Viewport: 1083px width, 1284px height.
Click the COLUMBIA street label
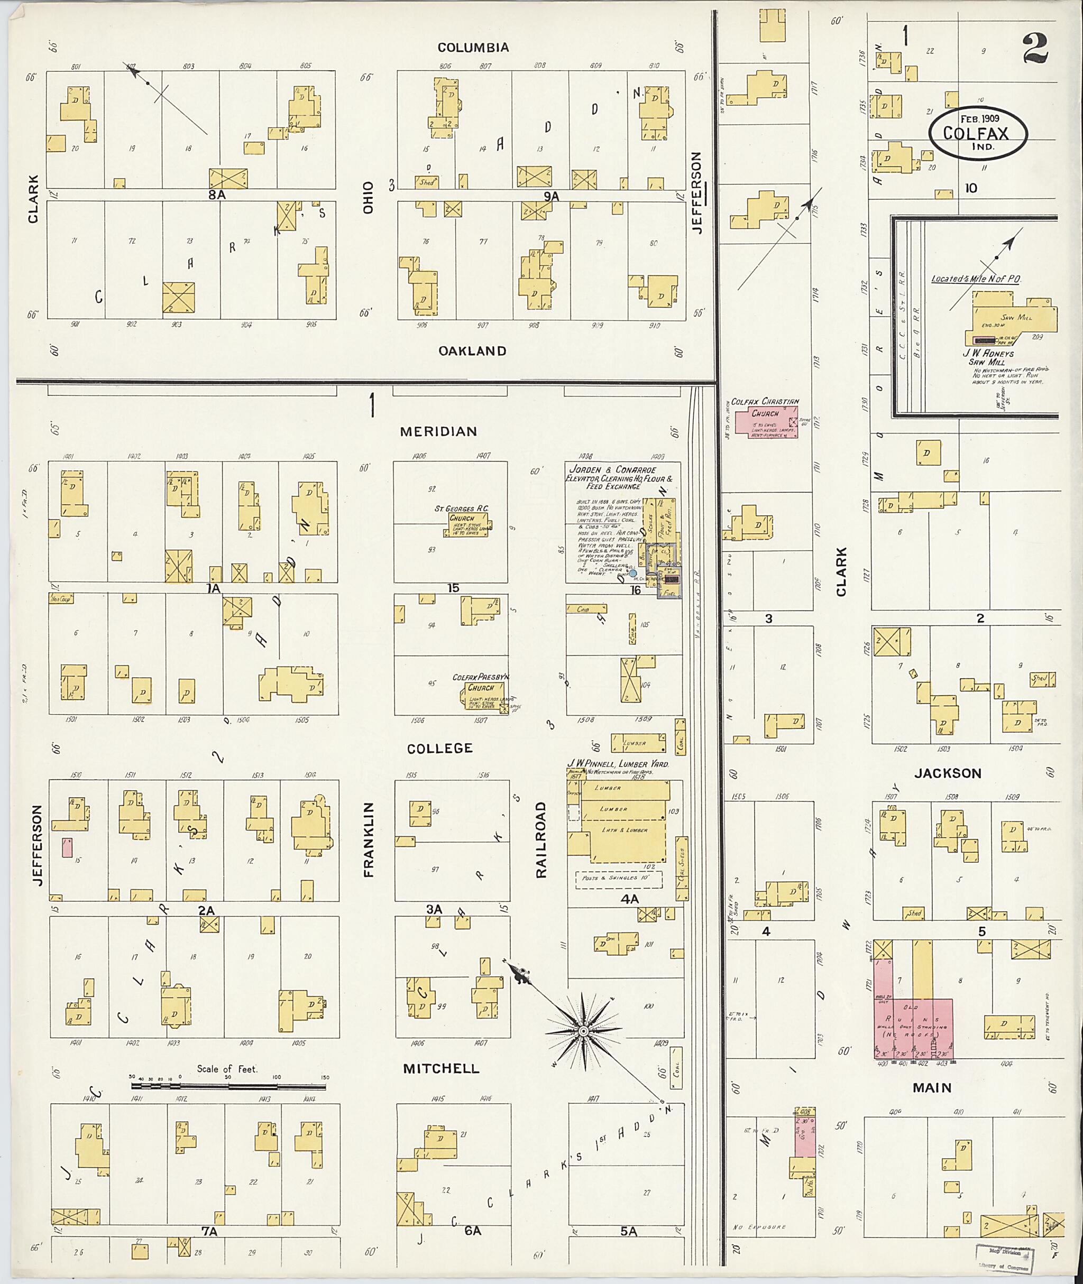pos(473,47)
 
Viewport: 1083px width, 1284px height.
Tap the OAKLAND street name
pos(472,351)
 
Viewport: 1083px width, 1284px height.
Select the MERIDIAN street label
pos(438,431)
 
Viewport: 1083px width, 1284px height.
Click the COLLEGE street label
pos(439,748)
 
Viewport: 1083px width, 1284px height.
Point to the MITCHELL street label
pos(441,1068)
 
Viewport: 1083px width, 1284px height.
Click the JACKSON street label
pos(948,773)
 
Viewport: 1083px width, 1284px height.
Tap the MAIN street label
pos(932,1087)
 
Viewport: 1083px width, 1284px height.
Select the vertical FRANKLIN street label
pos(369,839)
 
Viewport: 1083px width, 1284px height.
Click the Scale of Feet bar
pos(228,1086)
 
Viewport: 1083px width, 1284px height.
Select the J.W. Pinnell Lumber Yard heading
pos(617,764)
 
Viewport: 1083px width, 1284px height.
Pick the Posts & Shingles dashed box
pos(618,879)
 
